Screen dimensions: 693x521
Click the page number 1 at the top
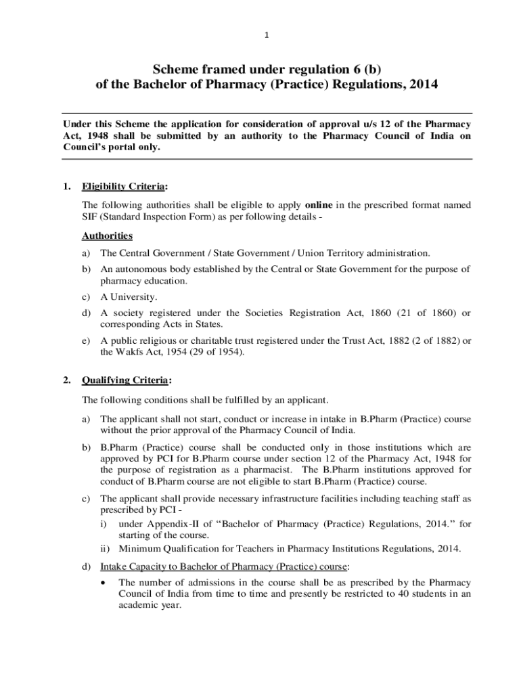click(x=260, y=36)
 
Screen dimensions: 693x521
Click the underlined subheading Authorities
click(x=107, y=236)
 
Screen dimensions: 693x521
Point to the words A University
click(x=129, y=296)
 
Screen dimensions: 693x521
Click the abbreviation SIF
click(x=89, y=217)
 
